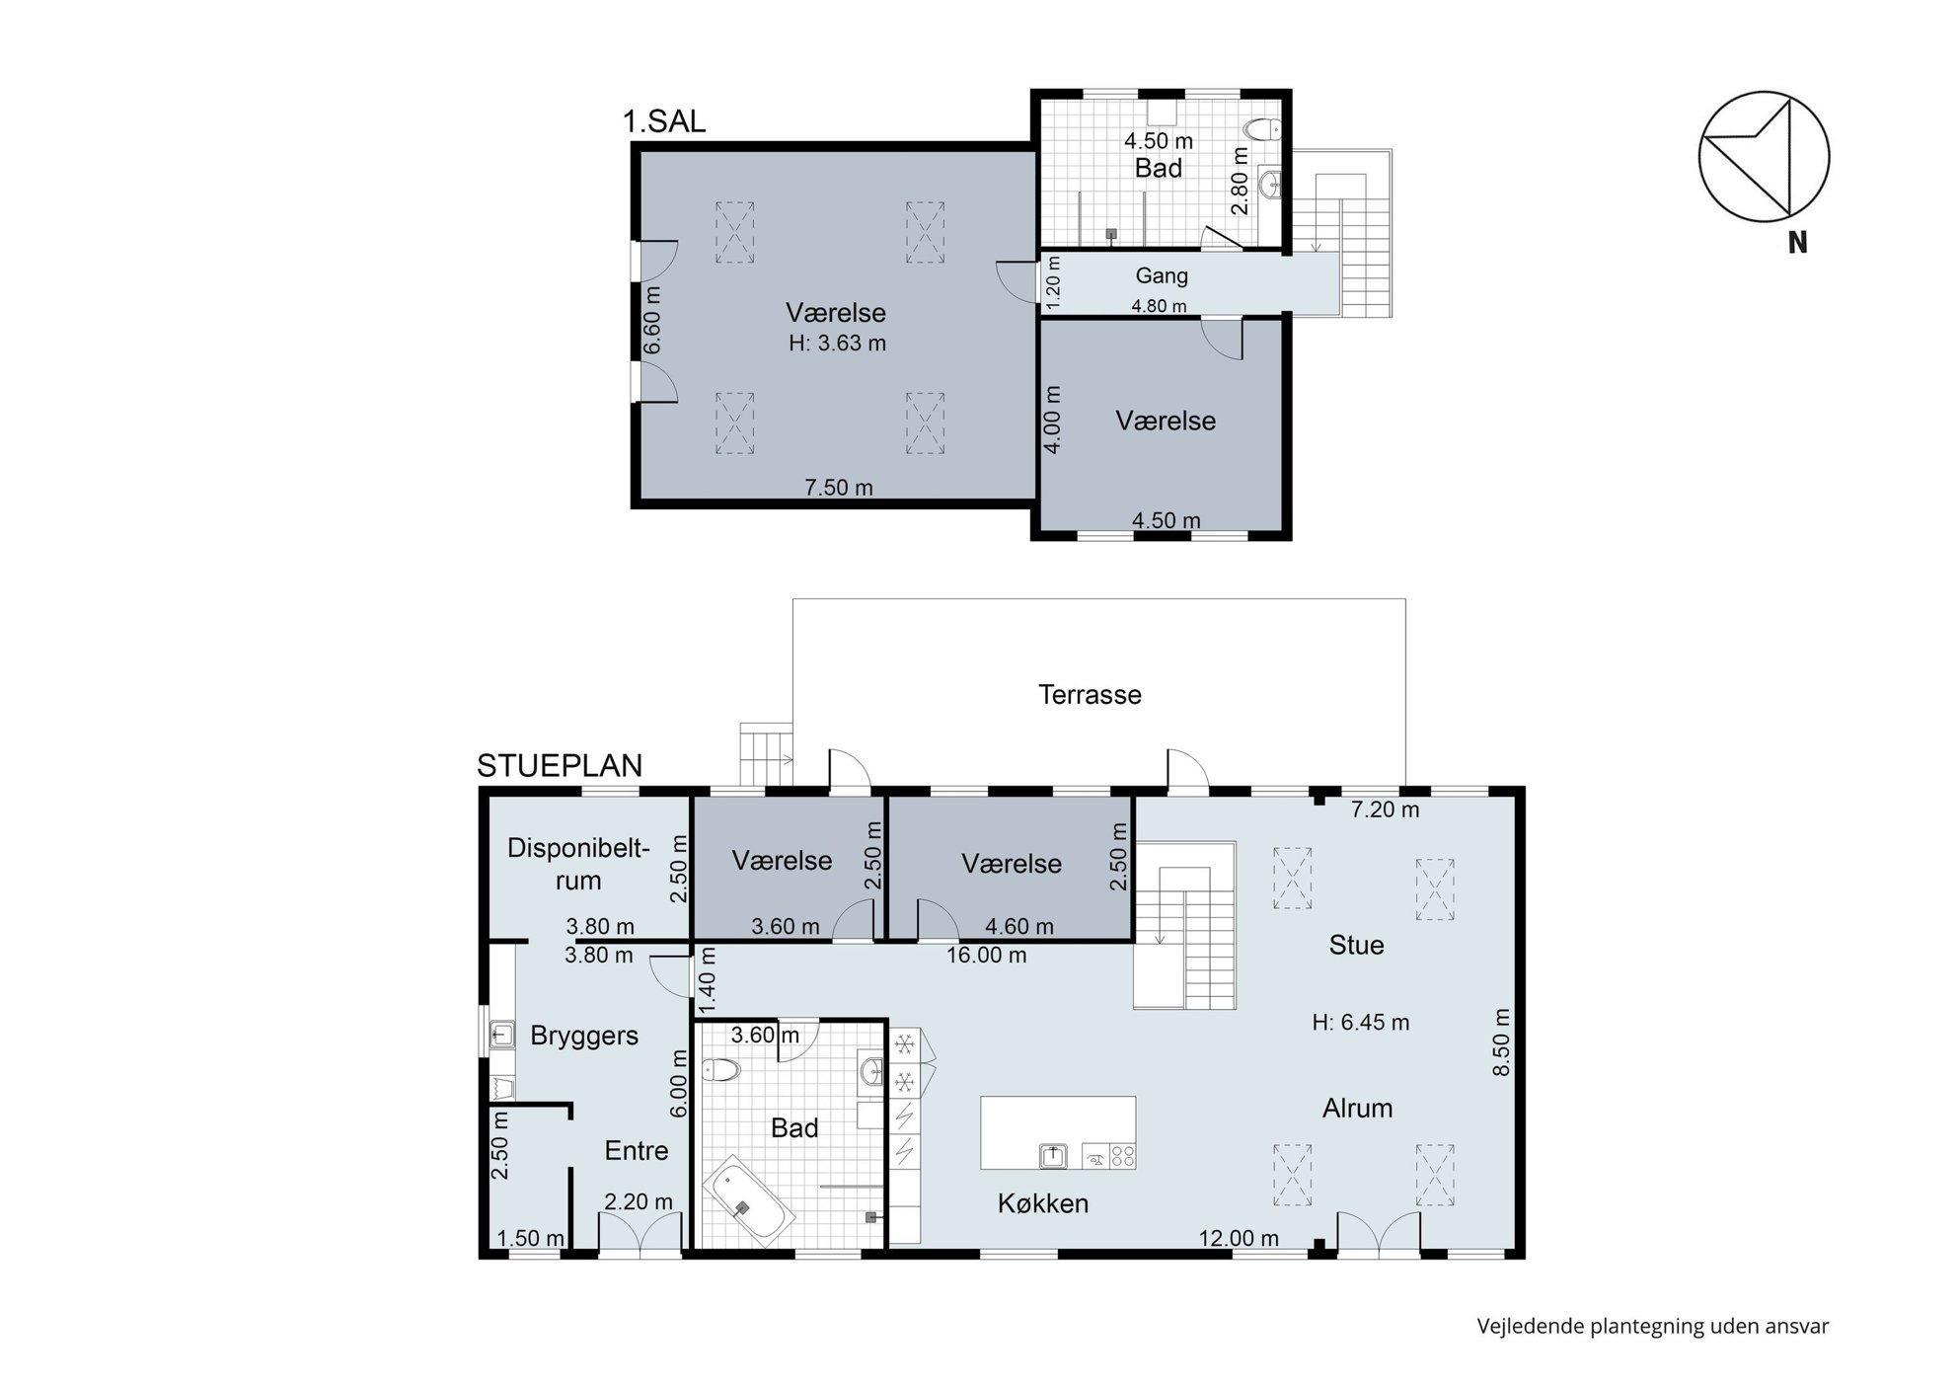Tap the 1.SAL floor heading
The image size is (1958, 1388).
tap(664, 121)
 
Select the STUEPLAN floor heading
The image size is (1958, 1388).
tap(560, 765)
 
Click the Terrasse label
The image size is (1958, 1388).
tap(1090, 694)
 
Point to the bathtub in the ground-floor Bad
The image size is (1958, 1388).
tap(745, 1201)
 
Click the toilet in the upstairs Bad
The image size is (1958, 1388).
tap(1262, 128)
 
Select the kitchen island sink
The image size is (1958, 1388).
tap(1054, 1154)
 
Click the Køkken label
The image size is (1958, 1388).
tap(1042, 1202)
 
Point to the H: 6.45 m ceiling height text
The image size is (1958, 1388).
tap(1360, 1022)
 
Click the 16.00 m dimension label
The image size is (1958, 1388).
tap(986, 955)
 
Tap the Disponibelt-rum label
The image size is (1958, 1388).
tap(578, 864)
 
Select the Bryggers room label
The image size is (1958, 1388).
tap(584, 1036)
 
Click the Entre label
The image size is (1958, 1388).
tap(637, 1150)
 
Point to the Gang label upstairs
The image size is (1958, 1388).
tap(1161, 276)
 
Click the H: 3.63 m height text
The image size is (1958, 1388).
tap(837, 344)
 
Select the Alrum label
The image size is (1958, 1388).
tap(1357, 1108)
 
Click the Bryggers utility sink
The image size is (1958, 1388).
tap(501, 1034)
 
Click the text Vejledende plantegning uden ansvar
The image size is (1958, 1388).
tap(1652, 1326)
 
